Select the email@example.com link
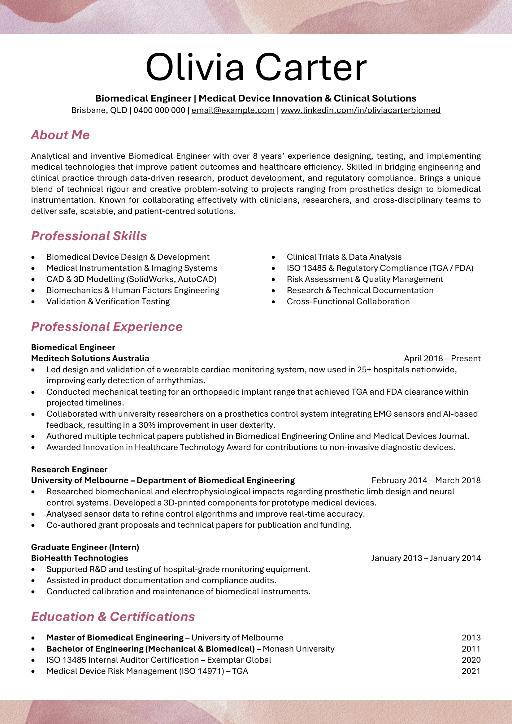pos(233,111)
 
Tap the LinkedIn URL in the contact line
pos(360,111)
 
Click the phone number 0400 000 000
pos(159,111)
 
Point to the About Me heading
pos(60,135)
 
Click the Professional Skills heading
pos(89,236)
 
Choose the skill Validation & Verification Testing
pos(108,302)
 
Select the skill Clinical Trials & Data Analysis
pos(344,257)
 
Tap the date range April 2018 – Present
pos(442,358)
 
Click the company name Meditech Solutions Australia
pos(90,358)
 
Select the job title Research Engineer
pos(69,470)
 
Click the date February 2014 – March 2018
pos(426,481)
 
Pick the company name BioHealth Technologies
pos(80,558)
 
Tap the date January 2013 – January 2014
pos(426,558)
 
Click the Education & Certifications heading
pos(113,617)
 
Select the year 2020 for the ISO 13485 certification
pos(471,660)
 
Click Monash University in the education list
pos(298,649)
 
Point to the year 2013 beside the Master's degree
pos(471,638)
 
